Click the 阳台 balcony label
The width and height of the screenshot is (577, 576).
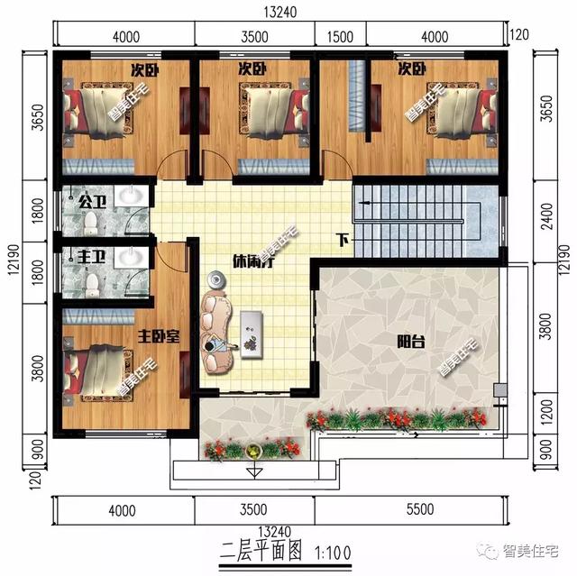tap(411, 342)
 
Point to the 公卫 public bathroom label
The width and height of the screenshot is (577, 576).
tap(92, 201)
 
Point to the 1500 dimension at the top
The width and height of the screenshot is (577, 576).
tap(338, 37)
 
